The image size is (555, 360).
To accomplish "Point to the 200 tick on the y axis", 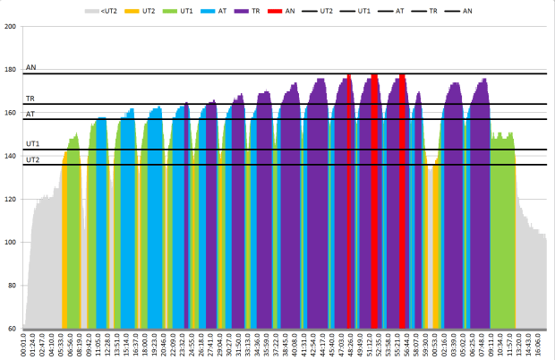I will (11, 27).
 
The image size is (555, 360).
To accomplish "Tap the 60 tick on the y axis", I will (13, 329).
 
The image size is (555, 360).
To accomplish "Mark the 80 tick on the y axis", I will (13, 286).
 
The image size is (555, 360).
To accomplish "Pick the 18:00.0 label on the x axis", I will (145, 346).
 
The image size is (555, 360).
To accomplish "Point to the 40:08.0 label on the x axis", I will (295, 346).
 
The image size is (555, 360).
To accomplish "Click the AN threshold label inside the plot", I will (31, 67).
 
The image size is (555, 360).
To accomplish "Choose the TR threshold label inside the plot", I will (30, 99).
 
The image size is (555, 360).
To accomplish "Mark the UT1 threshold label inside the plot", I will (32, 143).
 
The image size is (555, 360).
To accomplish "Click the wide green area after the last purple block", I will (502, 233).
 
